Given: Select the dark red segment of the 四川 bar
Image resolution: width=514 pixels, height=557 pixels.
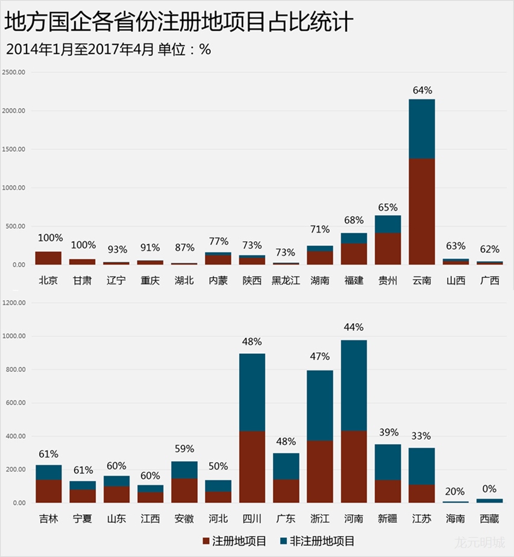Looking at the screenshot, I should pyautogui.click(x=252, y=467).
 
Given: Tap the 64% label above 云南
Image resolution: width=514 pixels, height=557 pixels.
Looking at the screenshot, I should pyautogui.click(x=422, y=90).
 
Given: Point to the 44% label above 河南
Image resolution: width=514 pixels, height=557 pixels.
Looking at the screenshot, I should pyautogui.click(x=354, y=327).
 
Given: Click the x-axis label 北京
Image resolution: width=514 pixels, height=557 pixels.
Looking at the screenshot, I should pyautogui.click(x=48, y=280).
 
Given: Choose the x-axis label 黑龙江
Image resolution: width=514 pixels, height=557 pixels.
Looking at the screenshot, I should pyautogui.click(x=286, y=280).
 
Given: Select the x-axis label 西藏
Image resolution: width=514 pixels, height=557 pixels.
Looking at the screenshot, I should pyautogui.click(x=489, y=518).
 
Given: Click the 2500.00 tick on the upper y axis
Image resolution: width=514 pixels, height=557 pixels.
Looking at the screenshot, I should pyautogui.click(x=14, y=72).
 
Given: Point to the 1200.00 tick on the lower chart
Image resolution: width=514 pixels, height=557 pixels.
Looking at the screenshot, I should pyautogui.click(x=14, y=303).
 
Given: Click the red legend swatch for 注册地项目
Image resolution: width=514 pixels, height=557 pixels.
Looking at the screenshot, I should pyautogui.click(x=207, y=541).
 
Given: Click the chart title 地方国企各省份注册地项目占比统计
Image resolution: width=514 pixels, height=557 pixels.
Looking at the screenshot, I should pyautogui.click(x=178, y=22).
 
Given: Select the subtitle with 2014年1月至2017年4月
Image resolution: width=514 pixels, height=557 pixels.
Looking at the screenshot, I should pyautogui.click(x=108, y=50).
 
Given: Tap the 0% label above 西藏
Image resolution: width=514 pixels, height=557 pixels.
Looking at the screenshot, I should pyautogui.click(x=489, y=489).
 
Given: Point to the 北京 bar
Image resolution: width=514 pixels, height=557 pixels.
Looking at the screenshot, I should pyautogui.click(x=48, y=258).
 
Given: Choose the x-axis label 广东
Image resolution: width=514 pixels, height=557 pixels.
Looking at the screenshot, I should pyautogui.click(x=286, y=518).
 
